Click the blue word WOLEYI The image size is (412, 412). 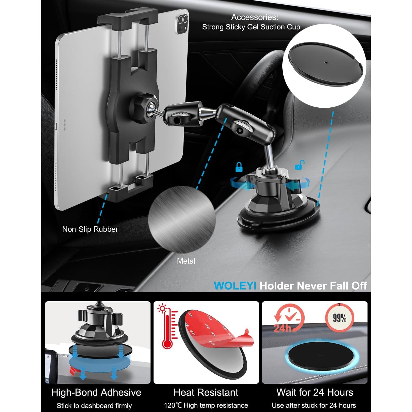click(235, 286)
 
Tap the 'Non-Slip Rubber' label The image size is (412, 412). click(90, 229)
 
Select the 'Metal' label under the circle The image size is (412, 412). click(186, 261)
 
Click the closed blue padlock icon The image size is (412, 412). click(239, 167)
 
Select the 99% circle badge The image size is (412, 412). click(339, 318)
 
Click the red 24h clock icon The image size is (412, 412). click(288, 319)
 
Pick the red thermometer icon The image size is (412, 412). click(166, 327)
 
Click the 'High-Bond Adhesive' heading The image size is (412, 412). click(96, 392)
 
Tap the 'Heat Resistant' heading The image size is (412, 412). click(206, 392)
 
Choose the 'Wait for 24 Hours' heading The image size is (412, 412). click(315, 392)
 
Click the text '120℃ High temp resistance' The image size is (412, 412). click(206, 406)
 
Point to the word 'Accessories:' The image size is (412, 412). click(255, 17)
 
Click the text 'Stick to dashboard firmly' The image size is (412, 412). click(94, 406)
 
